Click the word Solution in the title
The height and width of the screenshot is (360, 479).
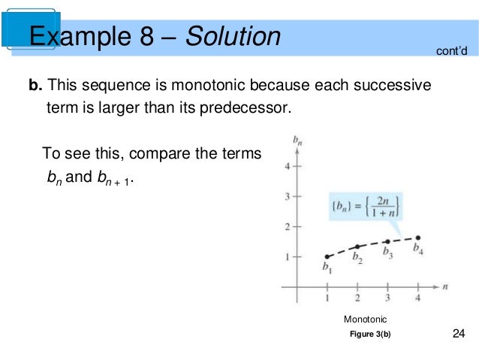pos(235,36)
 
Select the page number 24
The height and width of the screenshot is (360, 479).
pos(459,334)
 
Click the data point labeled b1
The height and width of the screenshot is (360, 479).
pos(327,256)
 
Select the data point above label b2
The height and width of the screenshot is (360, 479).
pos(357,247)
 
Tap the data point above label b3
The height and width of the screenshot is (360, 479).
pos(387,241)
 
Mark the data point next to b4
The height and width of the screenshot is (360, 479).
pos(418,237)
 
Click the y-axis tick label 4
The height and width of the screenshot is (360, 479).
pos(286,166)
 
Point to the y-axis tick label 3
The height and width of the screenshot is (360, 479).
pos(286,196)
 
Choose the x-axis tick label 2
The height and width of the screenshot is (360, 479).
pos(357,299)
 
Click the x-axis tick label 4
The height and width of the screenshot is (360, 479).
pos(418,299)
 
